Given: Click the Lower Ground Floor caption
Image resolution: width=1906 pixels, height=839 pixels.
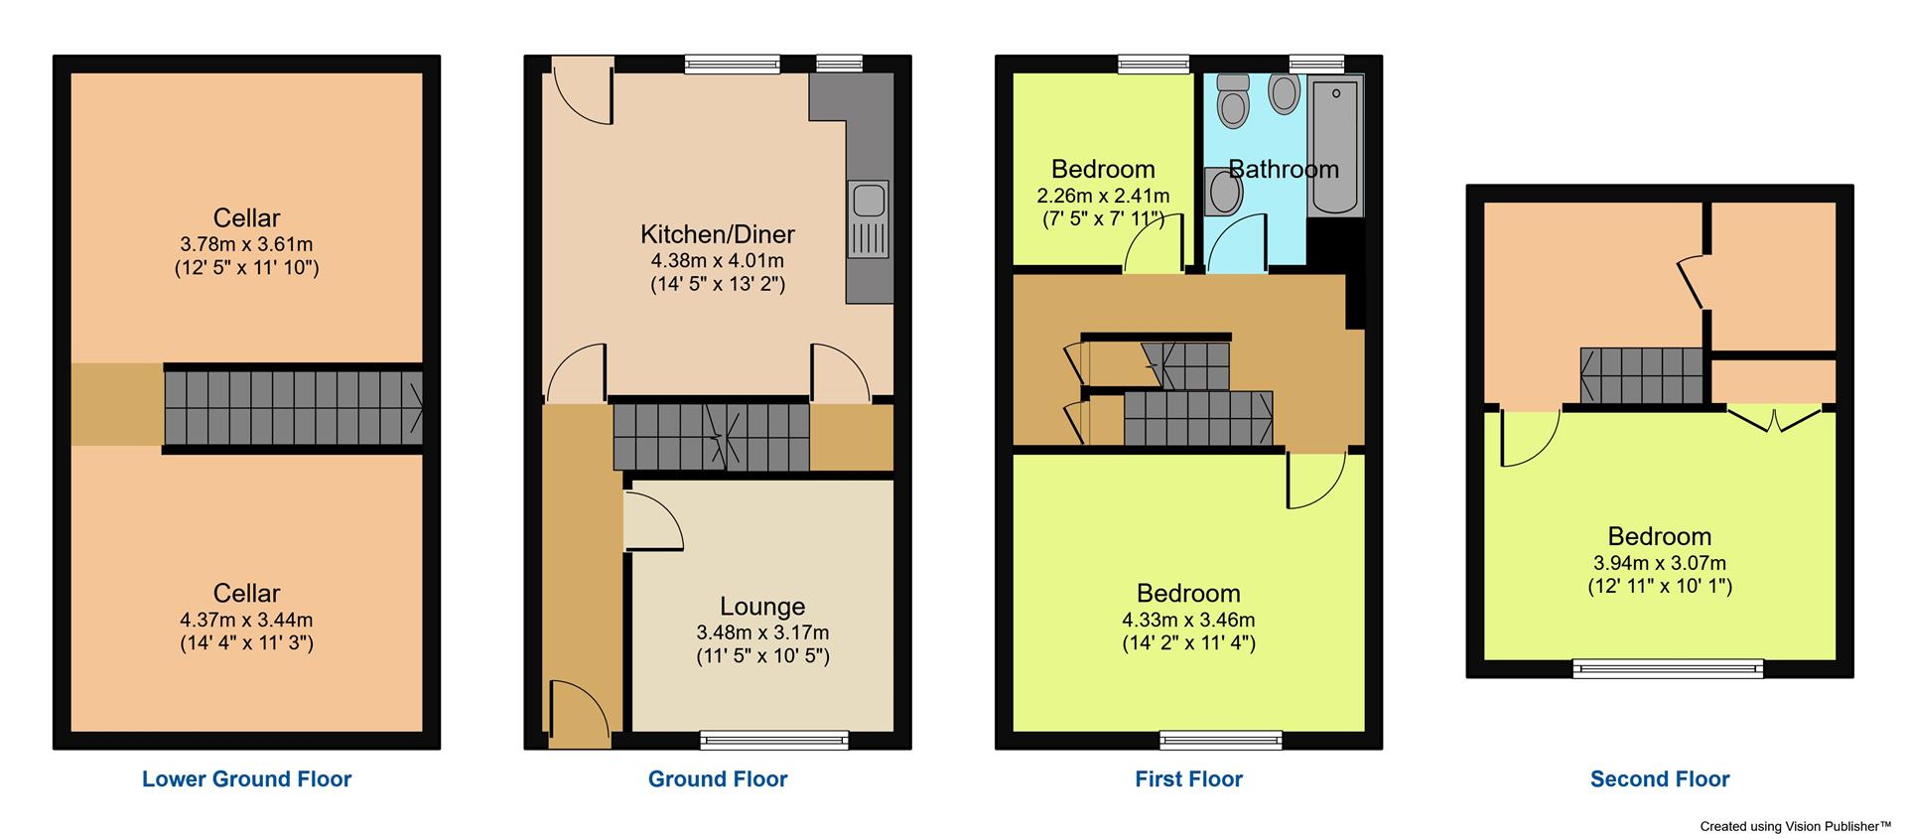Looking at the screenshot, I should tap(246, 779).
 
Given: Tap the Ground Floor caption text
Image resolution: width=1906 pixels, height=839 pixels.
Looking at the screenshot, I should tap(718, 779).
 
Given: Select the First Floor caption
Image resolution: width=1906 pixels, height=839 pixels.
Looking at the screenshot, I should tap(1188, 779).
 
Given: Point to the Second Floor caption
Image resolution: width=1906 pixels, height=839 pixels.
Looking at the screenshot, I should tap(1659, 779).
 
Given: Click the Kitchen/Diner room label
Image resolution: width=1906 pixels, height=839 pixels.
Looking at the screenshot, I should tap(718, 234).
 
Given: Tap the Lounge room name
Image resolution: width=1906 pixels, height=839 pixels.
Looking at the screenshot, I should tap(762, 607).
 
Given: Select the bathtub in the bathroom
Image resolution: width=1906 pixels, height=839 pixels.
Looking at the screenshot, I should tap(1337, 149).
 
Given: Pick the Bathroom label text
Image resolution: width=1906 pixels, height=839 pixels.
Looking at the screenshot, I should tap(1284, 169).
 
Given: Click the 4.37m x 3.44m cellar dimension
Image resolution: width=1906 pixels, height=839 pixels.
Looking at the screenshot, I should tap(246, 620).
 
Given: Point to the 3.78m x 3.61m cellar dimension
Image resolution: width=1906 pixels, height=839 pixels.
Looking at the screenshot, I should tap(246, 244).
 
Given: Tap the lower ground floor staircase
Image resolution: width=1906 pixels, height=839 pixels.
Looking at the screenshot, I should tap(293, 408).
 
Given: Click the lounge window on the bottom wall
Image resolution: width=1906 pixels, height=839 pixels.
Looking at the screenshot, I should tap(774, 739).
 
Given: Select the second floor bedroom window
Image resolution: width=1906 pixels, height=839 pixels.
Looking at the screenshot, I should tap(1668, 668).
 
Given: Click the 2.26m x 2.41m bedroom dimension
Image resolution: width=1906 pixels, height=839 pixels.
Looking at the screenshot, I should tap(1103, 196).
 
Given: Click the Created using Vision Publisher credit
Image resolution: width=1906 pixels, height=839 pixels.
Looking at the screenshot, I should tap(1795, 826).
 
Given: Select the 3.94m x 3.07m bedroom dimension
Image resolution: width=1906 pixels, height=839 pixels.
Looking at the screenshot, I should tap(1659, 563).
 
